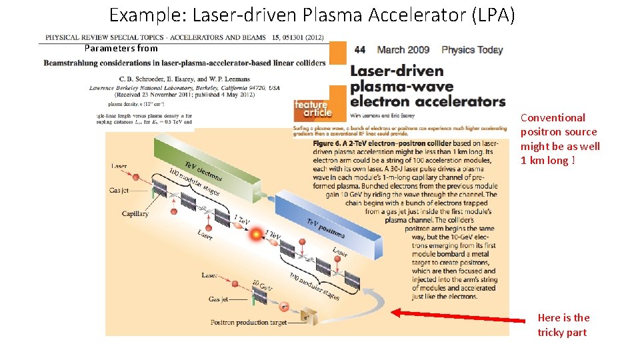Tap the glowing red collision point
[255, 235]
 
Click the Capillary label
[135, 214]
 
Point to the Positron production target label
[249, 323]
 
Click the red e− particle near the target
[285, 307]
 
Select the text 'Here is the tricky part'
[563, 325]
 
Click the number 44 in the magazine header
[360, 50]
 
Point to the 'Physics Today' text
[472, 50]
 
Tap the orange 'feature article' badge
[311, 109]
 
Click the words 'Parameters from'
[121, 48]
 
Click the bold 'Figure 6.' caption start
[333, 143]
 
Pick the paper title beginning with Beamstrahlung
[185, 63]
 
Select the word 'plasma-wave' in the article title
[401, 86]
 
